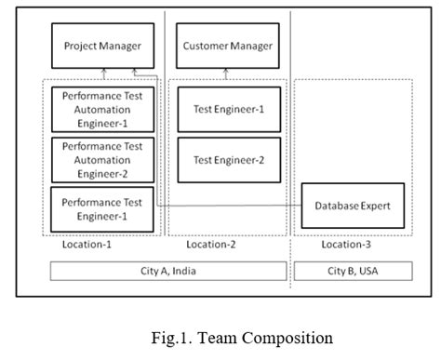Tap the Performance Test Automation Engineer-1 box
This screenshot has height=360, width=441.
(x=101, y=109)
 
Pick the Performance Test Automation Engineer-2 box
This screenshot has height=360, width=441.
(x=101, y=159)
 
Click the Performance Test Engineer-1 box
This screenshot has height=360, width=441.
(x=101, y=207)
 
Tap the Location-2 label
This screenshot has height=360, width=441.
(x=209, y=245)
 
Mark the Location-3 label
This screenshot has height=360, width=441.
(x=344, y=245)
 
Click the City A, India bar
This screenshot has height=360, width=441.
(x=168, y=272)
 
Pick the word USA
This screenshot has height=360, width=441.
(x=369, y=272)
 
